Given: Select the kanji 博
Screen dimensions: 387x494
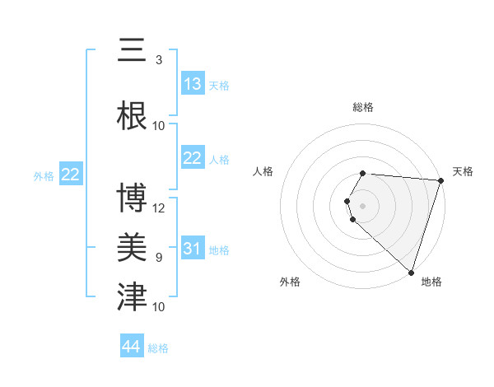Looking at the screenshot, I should click(132, 198).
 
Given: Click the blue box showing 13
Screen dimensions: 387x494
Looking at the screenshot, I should click(193, 84).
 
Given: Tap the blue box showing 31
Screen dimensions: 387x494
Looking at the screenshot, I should click(193, 249).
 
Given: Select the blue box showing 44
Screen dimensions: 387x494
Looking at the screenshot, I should click(132, 347).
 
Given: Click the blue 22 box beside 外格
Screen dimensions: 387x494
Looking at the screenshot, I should click(71, 174).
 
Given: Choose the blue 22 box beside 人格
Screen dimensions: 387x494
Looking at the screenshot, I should click(193, 158).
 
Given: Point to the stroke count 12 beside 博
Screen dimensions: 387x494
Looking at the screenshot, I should click(159, 207).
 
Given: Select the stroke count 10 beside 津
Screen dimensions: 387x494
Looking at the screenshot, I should click(159, 307).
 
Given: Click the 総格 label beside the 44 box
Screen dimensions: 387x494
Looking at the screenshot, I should click(158, 348).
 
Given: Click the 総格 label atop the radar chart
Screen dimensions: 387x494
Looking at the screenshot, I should click(362, 107).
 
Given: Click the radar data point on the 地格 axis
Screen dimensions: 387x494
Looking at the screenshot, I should click(411, 272).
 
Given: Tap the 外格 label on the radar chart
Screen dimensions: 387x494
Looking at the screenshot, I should click(290, 282).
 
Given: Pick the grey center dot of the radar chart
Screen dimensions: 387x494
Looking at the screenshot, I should click(362, 205).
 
